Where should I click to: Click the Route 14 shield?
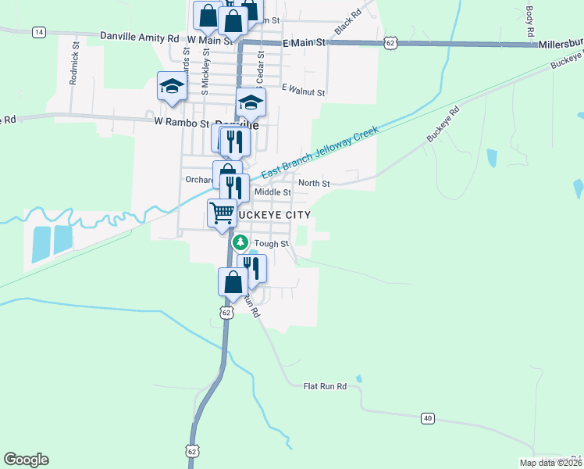(39, 32)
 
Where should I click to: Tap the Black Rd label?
(349, 22)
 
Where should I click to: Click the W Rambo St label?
(183, 123)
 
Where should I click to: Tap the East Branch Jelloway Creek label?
(319, 152)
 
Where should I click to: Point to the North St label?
(315, 184)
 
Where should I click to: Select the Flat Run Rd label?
(324, 385)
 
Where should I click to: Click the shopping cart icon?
(223, 211)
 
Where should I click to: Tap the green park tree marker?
(241, 243)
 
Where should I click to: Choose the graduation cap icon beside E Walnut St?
(251, 102)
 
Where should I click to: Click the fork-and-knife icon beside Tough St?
(252, 267)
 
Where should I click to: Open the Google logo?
(26, 460)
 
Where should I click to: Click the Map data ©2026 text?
(550, 463)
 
